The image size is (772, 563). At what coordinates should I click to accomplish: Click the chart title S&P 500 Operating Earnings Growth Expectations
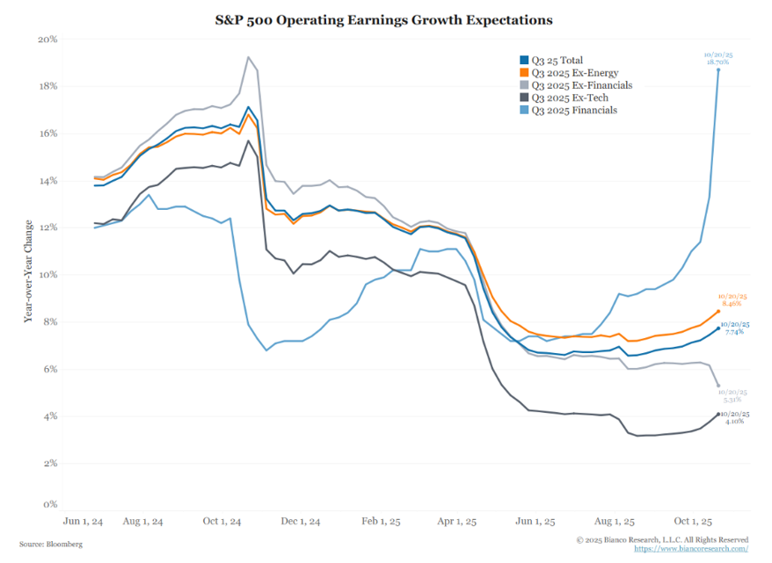point(387,18)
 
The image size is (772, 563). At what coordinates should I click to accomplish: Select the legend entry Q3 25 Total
point(552,61)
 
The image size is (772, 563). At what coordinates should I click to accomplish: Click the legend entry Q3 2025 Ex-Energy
point(568,73)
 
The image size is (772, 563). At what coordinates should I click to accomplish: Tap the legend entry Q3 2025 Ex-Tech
point(564,97)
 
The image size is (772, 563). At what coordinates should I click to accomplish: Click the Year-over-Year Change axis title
point(29,273)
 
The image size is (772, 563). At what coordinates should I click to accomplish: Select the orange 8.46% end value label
point(732,304)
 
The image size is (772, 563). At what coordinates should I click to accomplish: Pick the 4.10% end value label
point(734,421)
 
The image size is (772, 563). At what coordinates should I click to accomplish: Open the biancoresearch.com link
point(695,549)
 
